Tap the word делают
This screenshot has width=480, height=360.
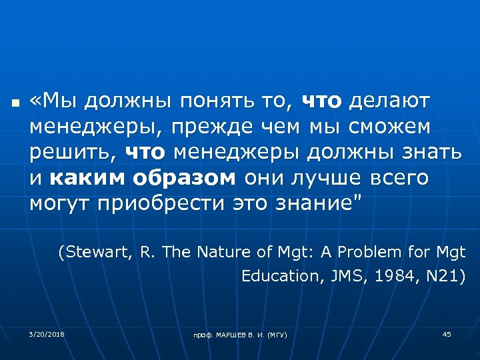click(390, 101)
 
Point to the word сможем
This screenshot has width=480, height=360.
click(388, 126)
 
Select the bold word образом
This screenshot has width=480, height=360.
click(184, 177)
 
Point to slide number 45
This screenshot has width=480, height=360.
click(447, 333)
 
